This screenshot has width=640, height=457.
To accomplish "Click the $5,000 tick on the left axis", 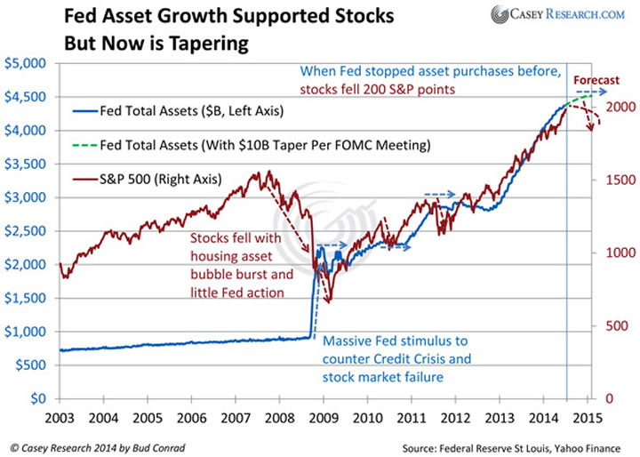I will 29,63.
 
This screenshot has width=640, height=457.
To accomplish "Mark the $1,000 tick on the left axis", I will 29,331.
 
